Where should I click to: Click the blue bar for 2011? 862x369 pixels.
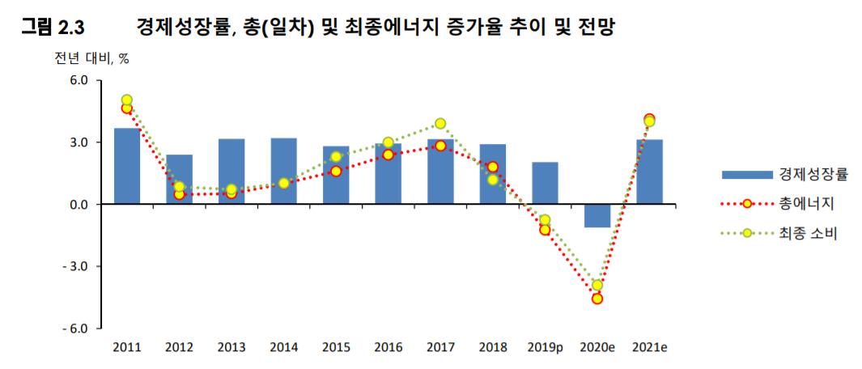[127, 166]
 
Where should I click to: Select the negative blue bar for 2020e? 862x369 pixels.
[597, 215]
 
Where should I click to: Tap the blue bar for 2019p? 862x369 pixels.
[545, 183]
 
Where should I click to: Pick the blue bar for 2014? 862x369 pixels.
[283, 171]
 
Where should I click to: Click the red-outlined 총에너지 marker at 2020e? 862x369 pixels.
[597, 299]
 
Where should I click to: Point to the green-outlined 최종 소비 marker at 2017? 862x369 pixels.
[440, 124]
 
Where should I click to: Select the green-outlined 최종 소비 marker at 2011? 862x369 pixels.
[127, 100]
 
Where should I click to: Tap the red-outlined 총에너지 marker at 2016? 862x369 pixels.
[388, 155]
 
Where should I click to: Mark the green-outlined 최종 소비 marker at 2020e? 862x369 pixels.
[597, 285]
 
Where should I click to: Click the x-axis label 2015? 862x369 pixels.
[336, 347]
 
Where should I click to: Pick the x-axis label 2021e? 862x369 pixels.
[649, 347]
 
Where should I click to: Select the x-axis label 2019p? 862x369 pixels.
[545, 347]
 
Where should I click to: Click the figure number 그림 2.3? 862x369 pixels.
[53, 28]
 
